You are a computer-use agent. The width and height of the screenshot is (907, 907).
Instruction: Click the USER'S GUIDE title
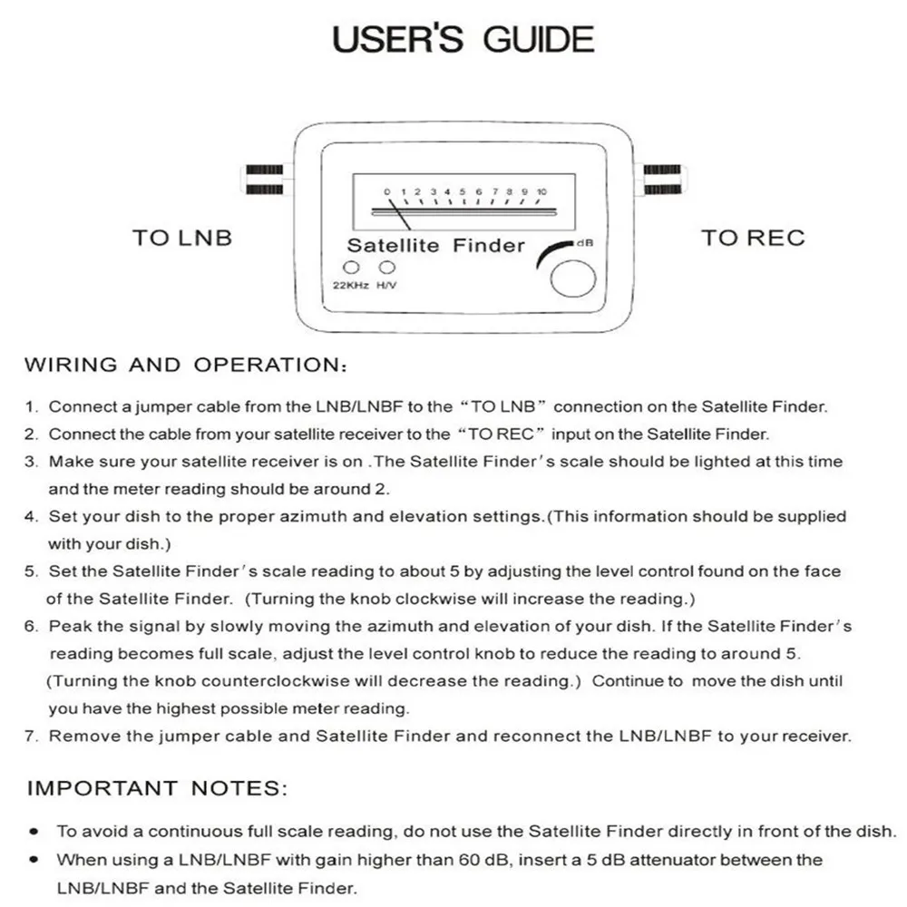[x=463, y=40]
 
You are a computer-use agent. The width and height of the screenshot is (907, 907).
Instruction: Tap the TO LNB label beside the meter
[x=182, y=239]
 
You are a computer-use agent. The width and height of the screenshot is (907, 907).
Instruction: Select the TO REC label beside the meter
[x=753, y=239]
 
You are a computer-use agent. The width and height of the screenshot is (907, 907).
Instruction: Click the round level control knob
[x=573, y=279]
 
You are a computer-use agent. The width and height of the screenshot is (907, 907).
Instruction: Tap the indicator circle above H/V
[x=388, y=268]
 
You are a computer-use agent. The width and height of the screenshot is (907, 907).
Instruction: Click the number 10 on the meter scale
[x=541, y=192]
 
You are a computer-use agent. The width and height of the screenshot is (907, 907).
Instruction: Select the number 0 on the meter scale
[x=387, y=192]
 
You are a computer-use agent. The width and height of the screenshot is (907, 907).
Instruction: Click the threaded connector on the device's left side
[x=264, y=180]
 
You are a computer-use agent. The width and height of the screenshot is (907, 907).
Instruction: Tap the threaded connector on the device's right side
[x=662, y=180]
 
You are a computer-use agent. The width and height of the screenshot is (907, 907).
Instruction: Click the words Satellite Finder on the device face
[x=436, y=245]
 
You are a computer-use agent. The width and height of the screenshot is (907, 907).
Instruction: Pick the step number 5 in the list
[x=31, y=572]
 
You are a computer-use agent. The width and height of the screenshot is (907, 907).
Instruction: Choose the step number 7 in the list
[x=31, y=736]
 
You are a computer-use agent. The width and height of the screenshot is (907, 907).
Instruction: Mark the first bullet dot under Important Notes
[x=34, y=831]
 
